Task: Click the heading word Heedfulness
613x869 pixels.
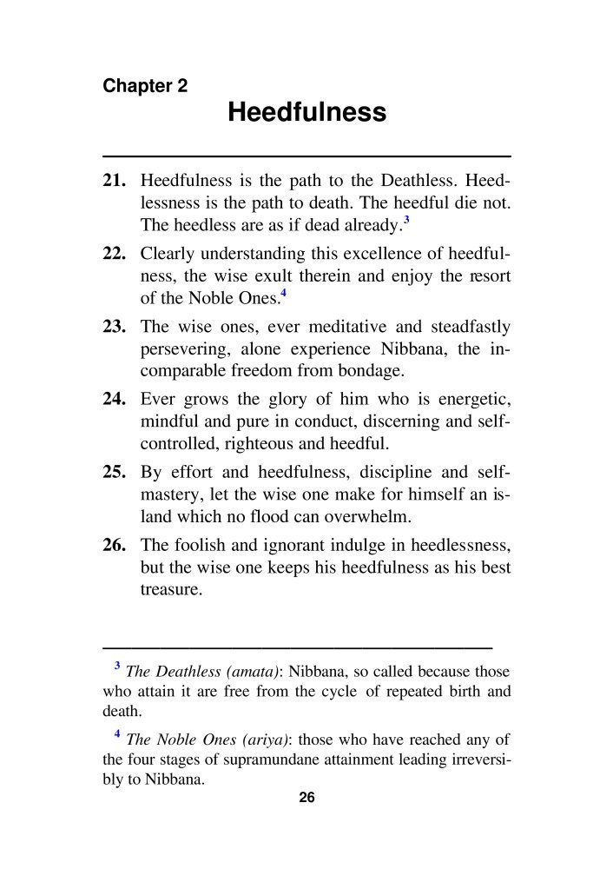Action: [x=306, y=113]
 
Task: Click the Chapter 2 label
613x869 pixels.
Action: [x=145, y=86]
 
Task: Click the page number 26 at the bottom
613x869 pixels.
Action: [x=306, y=799]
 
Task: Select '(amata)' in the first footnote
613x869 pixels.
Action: [x=254, y=672]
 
